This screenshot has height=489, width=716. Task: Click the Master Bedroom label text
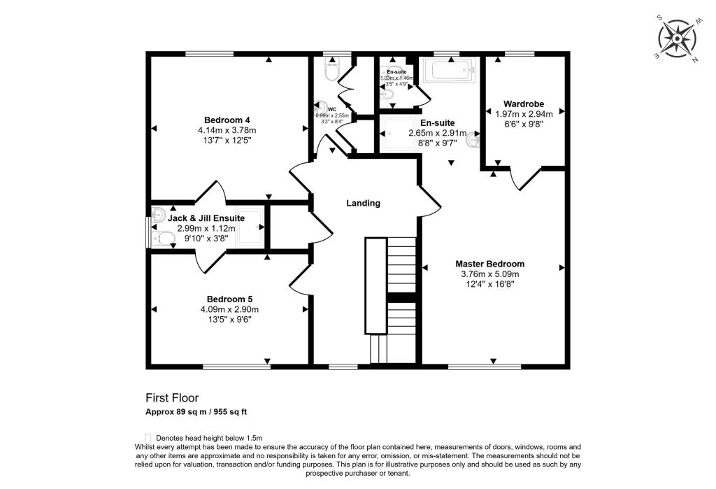point(489,264)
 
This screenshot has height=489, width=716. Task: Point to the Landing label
point(364,204)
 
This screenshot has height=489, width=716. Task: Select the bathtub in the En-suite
point(450,71)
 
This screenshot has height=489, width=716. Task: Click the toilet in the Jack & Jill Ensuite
point(164,239)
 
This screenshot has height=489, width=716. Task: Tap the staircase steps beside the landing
point(401,269)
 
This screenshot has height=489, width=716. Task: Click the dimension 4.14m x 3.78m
point(227,130)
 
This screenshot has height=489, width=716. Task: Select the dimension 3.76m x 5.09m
point(489,274)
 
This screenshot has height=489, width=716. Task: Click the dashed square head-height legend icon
point(148,437)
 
